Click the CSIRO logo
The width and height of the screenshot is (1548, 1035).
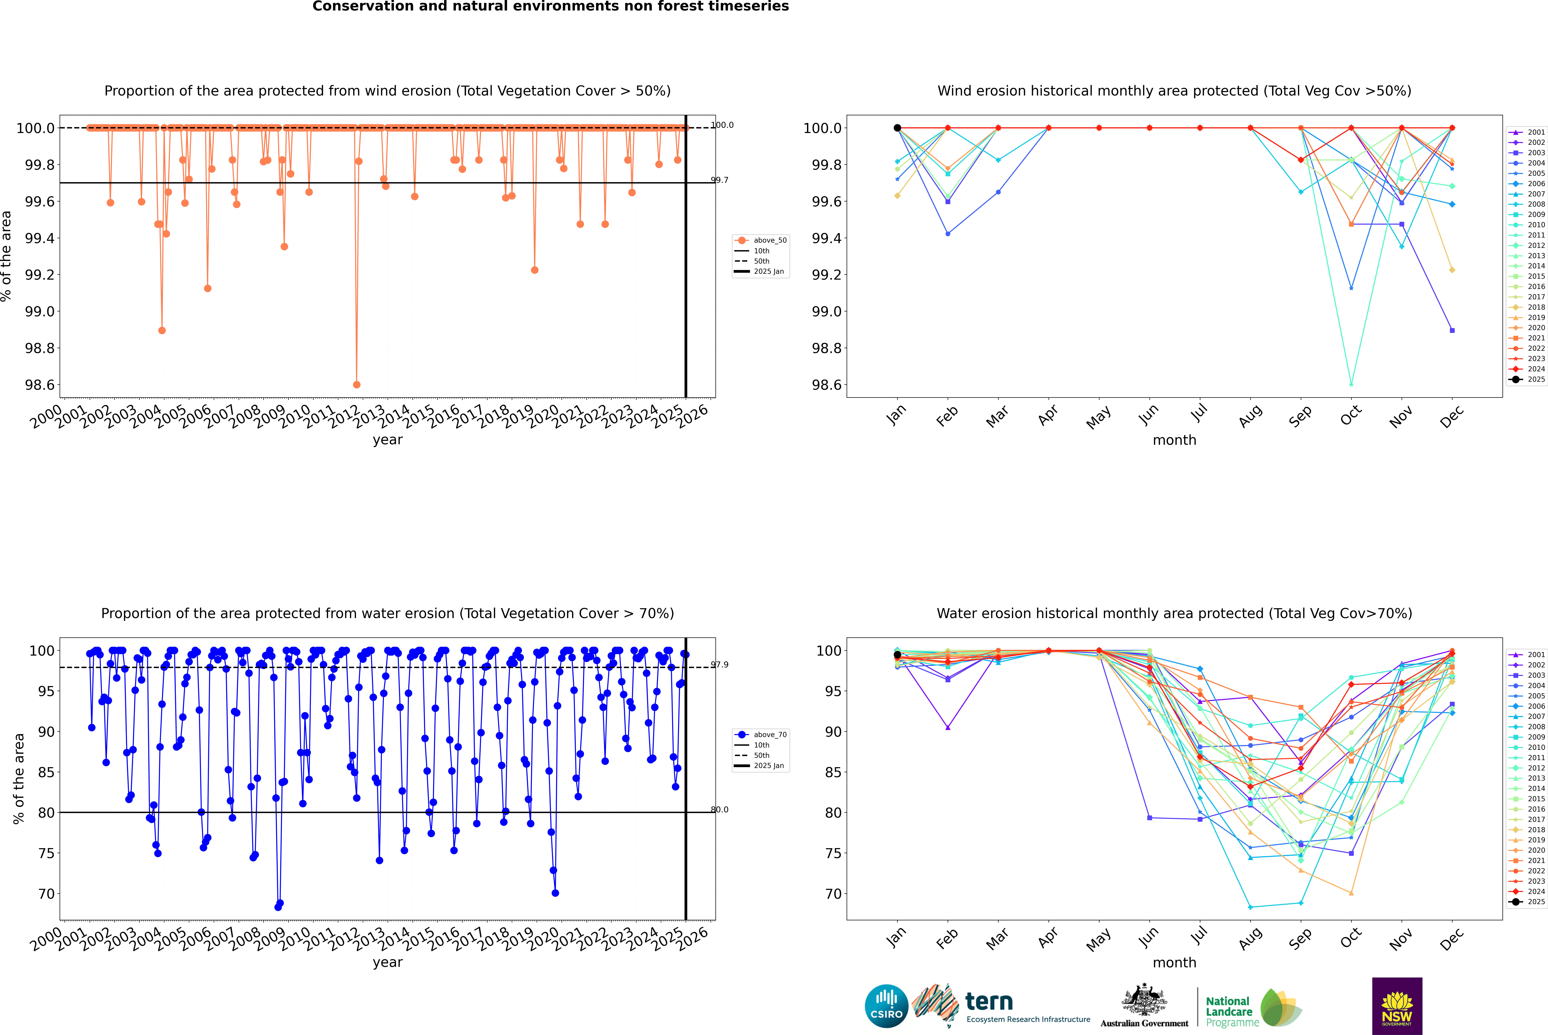click(x=886, y=1006)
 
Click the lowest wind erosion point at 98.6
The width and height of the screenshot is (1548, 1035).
click(x=357, y=385)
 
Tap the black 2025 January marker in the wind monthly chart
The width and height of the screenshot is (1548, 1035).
click(x=897, y=128)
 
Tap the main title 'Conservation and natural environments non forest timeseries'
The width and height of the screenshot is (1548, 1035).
click(x=550, y=7)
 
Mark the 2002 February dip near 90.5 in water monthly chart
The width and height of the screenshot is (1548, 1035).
click(x=948, y=727)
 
